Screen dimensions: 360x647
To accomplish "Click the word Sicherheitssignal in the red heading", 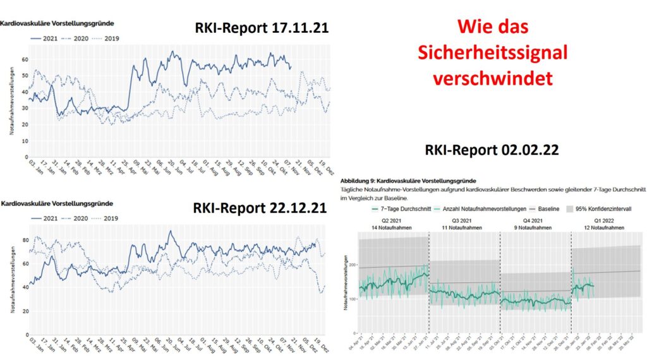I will [x=492, y=52].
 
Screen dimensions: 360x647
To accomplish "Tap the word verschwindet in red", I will [x=493, y=78].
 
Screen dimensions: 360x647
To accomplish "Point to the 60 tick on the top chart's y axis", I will [x=25, y=59].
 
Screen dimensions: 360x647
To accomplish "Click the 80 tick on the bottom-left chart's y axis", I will [x=25, y=240].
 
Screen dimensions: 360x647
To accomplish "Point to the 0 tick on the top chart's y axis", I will [x=27, y=157].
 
